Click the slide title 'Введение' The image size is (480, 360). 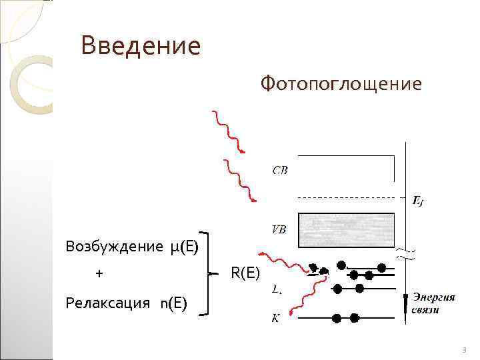140,47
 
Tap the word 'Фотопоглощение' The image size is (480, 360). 341,85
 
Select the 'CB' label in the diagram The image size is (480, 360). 280,170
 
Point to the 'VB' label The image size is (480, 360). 279,229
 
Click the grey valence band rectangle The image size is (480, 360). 346,229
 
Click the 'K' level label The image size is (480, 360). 275,319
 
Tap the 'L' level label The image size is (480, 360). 276,289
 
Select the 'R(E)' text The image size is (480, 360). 245,273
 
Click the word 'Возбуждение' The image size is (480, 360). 111,247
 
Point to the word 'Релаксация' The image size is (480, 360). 108,304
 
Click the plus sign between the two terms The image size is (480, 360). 99,274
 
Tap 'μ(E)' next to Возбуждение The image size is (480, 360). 184,247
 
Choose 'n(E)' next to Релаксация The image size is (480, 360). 173,304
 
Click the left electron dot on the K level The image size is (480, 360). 336,317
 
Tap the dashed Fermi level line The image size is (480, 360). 347,197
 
